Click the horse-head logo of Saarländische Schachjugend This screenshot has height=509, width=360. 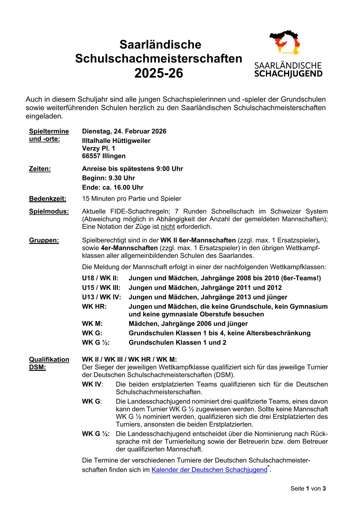[x=285, y=42]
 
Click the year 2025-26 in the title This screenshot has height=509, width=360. [x=159, y=73]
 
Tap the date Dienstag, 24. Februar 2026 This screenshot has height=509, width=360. [x=124, y=131]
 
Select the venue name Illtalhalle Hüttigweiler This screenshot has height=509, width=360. [x=116, y=141]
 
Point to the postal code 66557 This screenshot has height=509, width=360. [x=91, y=156]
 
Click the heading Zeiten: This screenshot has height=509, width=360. [x=40, y=169]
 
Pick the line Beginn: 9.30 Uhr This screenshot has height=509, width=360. [x=108, y=178]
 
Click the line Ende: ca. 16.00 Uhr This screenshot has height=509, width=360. [x=113, y=187]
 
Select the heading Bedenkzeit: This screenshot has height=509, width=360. [x=47, y=199]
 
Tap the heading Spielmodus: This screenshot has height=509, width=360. [x=49, y=211]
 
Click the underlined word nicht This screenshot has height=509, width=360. [x=168, y=227]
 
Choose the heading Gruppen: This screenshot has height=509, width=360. [x=44, y=240]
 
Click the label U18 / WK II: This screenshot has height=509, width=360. [x=100, y=278]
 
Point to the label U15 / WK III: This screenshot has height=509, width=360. [x=101, y=288]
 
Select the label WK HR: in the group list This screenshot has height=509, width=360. [x=94, y=306]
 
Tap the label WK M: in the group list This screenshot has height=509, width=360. [x=92, y=324]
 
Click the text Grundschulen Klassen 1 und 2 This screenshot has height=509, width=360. [x=177, y=342]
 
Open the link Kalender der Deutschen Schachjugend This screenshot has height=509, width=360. [x=209, y=470]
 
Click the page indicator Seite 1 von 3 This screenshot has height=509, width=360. [x=308, y=488]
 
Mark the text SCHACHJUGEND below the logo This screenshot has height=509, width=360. [x=288, y=74]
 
